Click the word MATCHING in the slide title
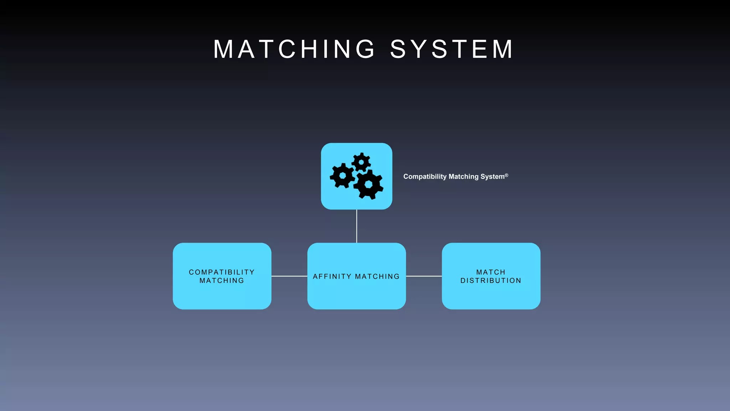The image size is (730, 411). click(294, 49)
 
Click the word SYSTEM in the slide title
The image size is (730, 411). click(452, 49)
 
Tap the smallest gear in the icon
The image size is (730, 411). click(361, 162)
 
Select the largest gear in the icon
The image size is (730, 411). click(369, 184)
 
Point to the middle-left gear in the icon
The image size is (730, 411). click(342, 176)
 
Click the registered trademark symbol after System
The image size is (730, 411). click(506, 175)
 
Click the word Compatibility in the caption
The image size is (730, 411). click(425, 177)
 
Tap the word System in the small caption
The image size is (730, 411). click(492, 177)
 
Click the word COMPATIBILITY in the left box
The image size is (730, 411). click(222, 272)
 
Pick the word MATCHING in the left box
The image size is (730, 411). click(222, 281)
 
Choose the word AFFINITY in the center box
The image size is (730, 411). click(332, 276)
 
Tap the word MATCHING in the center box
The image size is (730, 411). click(377, 276)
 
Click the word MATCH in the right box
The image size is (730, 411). click(491, 272)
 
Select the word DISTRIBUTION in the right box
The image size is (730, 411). click(491, 281)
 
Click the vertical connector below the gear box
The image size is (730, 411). click(356, 226)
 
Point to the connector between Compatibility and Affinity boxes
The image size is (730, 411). click(289, 276)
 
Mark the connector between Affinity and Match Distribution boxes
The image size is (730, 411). click(424, 276)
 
